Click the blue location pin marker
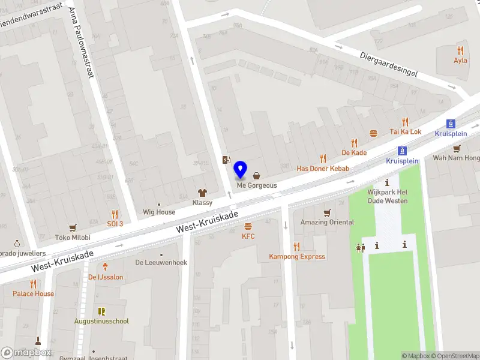241,170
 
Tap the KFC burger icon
248,227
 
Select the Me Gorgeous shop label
257,185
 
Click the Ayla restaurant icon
460,51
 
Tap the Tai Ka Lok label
406,131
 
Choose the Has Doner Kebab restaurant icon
323,159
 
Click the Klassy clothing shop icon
202,193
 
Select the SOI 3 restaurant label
115,224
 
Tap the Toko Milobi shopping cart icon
73,227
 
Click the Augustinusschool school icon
101,311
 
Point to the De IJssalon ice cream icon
106,266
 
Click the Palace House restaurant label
33,293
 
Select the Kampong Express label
296,257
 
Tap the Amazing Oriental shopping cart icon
327,212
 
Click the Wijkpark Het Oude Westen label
387,196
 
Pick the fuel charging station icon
226,160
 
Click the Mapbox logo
26,353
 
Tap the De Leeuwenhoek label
161,263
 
